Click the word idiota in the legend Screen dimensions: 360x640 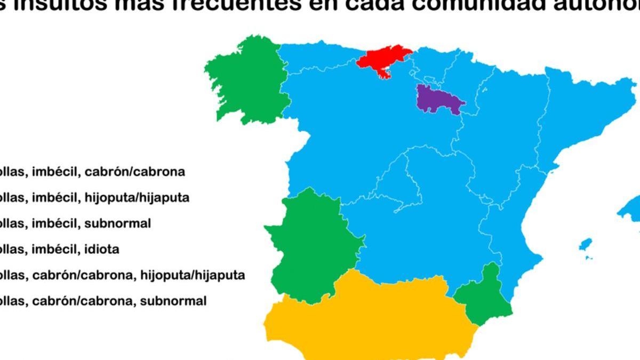(101, 249)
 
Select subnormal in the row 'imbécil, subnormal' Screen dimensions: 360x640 (117, 223)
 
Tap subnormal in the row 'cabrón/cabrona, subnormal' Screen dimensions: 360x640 (173, 301)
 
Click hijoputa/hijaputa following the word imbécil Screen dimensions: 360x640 (137, 198)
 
